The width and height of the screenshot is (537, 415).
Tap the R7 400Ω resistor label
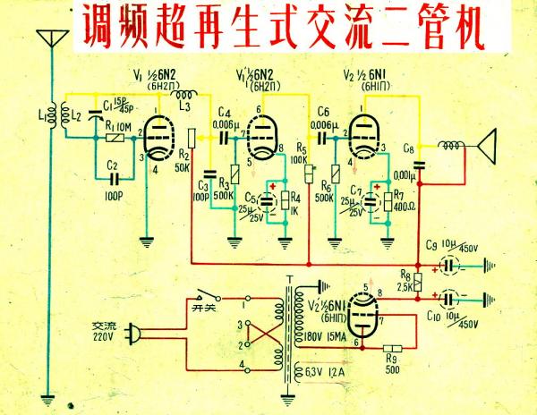(x=400, y=200)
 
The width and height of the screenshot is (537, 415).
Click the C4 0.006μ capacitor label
(x=226, y=118)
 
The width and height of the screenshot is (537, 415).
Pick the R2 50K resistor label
(x=183, y=161)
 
